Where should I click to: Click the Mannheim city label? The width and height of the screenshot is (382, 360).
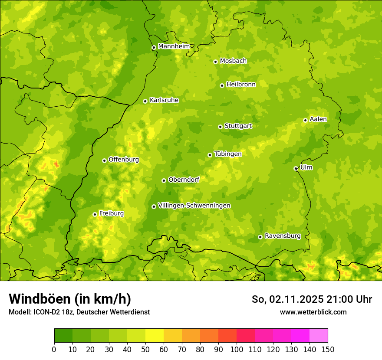coord(174,46)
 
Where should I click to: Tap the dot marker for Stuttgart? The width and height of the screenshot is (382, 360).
coord(220,127)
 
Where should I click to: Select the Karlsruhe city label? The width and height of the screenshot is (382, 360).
coord(164,100)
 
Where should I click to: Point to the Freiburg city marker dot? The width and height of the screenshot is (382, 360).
coord(95,214)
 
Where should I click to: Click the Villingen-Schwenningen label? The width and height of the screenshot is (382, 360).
coord(194,206)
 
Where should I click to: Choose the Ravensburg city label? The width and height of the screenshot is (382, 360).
coord(282,236)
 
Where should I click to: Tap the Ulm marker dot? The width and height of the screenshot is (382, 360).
coord(296,168)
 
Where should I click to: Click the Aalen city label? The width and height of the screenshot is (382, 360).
coord(318,119)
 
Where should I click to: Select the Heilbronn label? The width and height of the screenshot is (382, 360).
coord(241,85)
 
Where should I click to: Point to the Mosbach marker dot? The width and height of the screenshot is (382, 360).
coord(215,62)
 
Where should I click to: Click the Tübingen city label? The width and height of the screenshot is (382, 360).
coord(227,154)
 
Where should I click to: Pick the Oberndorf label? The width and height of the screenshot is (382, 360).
coord(184,180)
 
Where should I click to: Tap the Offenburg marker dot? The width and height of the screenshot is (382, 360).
coord(104,160)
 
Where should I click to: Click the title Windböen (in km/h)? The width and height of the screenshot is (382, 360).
coord(69,299)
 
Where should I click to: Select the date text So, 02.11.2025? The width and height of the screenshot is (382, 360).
coord(287,299)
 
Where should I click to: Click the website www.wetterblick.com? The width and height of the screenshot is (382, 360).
coord(313,312)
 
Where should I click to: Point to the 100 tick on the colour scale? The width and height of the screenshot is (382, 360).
coord(237,350)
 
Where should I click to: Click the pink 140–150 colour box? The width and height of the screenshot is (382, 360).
coord(319,336)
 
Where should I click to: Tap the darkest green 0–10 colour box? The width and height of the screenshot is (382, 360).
coord(63,336)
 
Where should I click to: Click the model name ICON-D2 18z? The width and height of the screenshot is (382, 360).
coord(52,312)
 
